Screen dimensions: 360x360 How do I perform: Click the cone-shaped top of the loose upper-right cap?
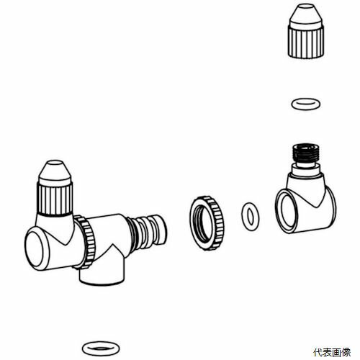click(306, 15)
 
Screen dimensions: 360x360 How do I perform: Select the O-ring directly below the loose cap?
click(305, 104)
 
